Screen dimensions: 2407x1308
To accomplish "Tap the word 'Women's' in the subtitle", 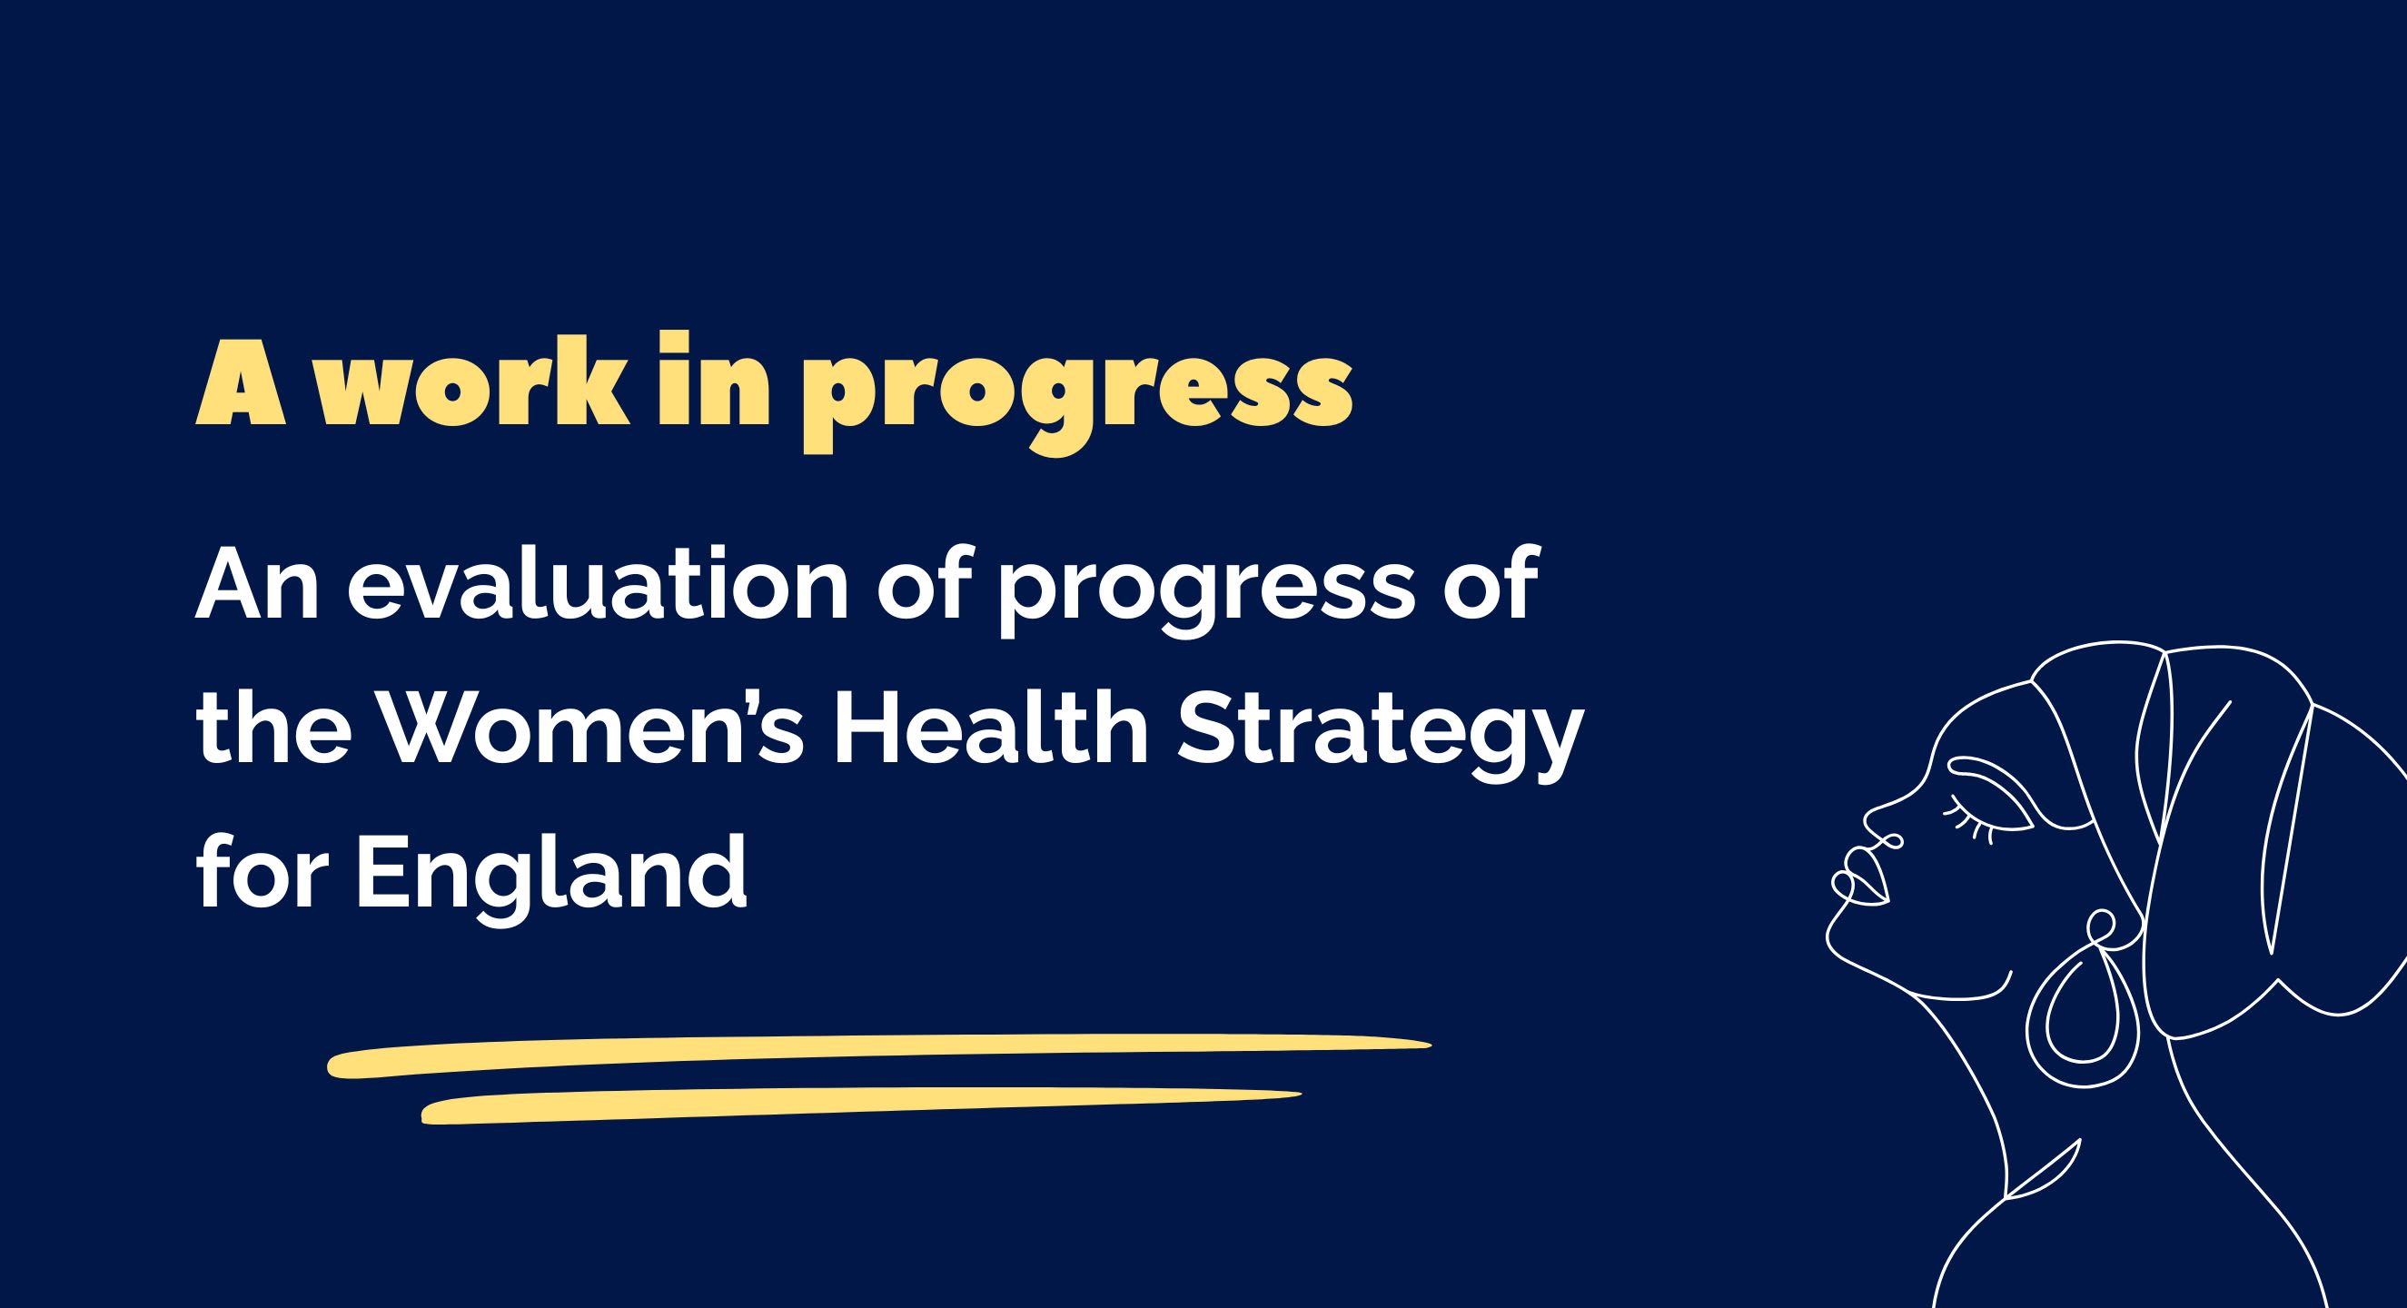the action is (x=598, y=731).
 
